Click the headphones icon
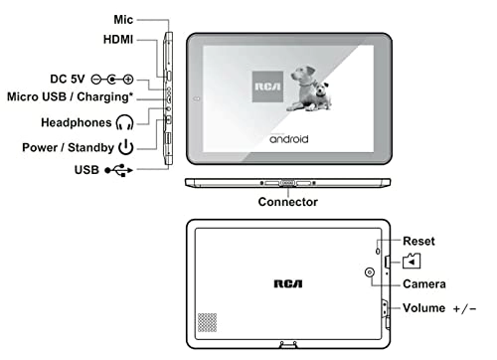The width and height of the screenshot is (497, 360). tap(124, 123)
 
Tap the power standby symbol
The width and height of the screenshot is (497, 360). tap(126, 148)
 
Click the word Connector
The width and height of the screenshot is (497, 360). tap(287, 202)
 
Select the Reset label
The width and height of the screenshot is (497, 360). tap(419, 242)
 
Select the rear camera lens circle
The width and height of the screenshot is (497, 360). tap(370, 273)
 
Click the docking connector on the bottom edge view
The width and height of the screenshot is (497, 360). tap(288, 184)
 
